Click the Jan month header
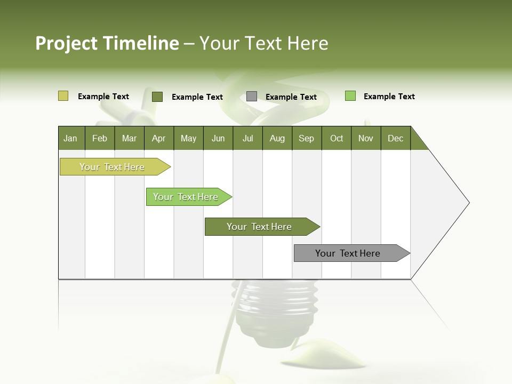[71, 138]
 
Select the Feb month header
[100, 138]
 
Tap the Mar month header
[129, 138]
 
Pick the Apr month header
[159, 138]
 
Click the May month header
[188, 138]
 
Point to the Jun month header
[218, 138]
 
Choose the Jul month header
[247, 138]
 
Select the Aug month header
[277, 138]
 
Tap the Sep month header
[307, 138]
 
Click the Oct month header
[337, 138]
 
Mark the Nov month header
[366, 138]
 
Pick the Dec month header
[396, 138]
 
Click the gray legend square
[252, 97]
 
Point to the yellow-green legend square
[63, 96]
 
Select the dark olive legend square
[157, 97]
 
